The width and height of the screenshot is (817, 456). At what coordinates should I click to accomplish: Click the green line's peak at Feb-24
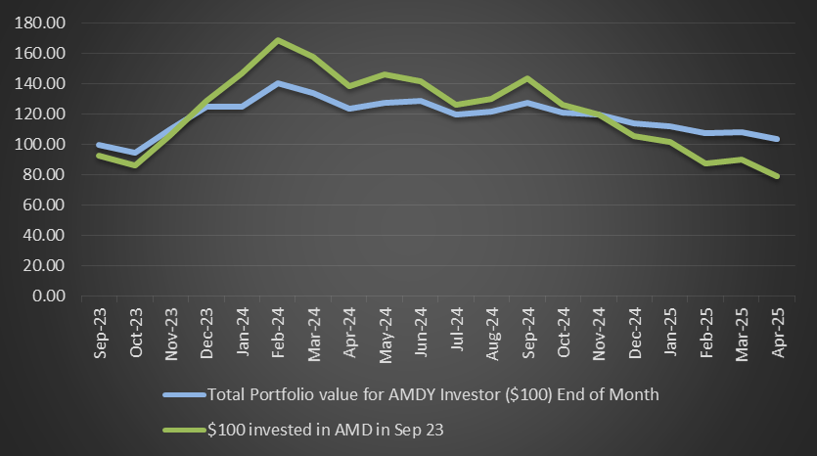click(x=279, y=40)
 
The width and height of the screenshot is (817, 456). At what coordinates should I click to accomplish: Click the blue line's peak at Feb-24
click(x=279, y=84)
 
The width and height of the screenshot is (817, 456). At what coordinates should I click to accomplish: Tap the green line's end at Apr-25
click(x=777, y=176)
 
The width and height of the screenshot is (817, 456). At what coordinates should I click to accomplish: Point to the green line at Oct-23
click(x=136, y=164)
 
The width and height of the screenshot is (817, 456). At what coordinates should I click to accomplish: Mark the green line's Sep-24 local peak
click(x=528, y=78)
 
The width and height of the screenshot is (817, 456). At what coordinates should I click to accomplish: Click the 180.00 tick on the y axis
click(x=40, y=23)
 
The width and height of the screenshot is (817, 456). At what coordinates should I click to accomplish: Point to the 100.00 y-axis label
click(x=40, y=144)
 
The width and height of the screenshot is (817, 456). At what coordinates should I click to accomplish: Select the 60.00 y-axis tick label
click(x=43, y=205)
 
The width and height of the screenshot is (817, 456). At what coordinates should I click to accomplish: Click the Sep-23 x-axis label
click(x=101, y=333)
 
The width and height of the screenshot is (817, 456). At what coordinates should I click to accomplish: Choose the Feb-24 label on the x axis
click(x=279, y=333)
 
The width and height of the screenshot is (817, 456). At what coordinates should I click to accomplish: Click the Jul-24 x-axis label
click(x=457, y=333)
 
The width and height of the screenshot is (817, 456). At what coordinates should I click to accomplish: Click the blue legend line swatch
click(x=184, y=395)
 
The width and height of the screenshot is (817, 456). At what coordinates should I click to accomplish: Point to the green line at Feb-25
click(x=706, y=162)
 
